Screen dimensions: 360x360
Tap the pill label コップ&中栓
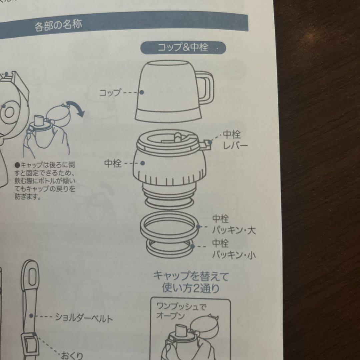(x=183, y=48)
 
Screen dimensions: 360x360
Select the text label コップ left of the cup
(x=110, y=93)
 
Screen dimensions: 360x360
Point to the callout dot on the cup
(x=142, y=92)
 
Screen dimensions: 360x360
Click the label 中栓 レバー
(x=235, y=140)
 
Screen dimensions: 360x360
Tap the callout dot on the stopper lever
(x=210, y=142)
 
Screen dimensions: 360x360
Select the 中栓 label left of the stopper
(x=113, y=163)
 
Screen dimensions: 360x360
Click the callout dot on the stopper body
(x=143, y=163)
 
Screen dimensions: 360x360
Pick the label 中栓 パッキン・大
(x=234, y=224)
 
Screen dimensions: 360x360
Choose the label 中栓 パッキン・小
(x=234, y=249)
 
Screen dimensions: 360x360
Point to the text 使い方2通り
(x=191, y=288)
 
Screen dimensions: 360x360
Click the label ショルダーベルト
(x=84, y=318)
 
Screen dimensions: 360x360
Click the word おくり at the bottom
(x=72, y=355)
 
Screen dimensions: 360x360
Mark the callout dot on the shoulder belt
(x=31, y=316)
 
